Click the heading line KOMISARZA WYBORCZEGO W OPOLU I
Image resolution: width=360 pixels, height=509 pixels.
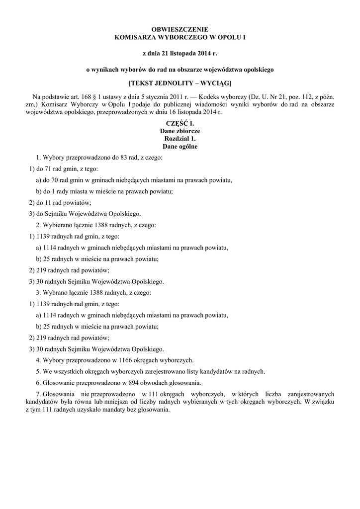coord(180,37)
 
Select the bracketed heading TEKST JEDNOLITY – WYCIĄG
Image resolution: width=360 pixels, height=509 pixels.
coord(180,82)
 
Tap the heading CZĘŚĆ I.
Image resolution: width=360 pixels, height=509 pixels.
coord(180,123)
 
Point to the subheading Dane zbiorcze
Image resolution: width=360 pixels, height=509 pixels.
coord(180,131)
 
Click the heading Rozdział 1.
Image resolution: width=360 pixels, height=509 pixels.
coord(180,139)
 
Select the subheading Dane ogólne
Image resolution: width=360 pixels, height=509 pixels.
coord(180,147)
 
